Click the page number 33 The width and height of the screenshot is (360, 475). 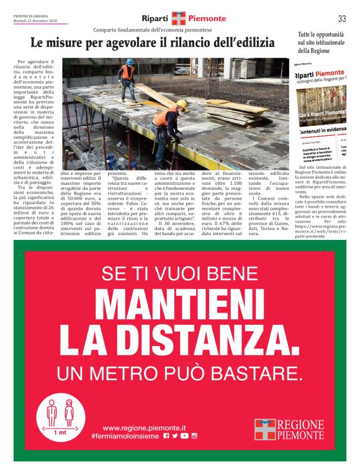342,18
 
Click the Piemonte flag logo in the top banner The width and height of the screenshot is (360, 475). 179,19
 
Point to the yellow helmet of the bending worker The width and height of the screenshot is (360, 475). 181,104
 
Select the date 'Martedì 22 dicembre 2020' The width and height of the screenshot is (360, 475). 35,21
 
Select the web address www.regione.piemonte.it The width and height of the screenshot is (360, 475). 144,428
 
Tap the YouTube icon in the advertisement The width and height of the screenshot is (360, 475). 184,437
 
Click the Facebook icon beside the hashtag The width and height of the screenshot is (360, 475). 166,437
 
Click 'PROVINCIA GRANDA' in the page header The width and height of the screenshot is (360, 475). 31,16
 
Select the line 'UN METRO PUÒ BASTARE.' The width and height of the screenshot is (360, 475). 179,373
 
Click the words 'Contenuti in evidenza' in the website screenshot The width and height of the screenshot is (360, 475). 323,131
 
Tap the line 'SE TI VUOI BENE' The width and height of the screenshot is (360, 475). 179,273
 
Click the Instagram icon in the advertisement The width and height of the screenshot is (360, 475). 194,437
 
